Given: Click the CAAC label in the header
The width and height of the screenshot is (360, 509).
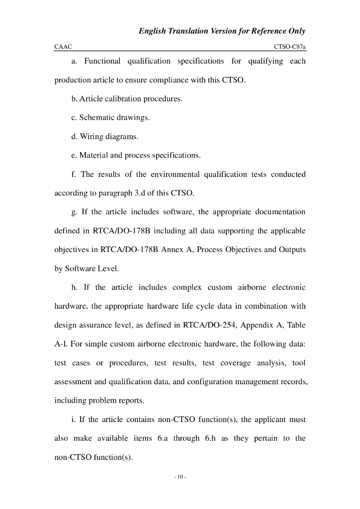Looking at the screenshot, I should tap(63, 47).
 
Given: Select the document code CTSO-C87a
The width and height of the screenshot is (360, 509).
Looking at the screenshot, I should tap(289, 47).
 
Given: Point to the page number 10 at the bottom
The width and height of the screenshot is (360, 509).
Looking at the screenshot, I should tap(180, 477).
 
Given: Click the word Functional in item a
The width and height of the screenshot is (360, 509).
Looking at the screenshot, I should tap(102, 61).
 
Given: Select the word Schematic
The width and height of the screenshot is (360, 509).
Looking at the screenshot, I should tap(98, 118).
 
